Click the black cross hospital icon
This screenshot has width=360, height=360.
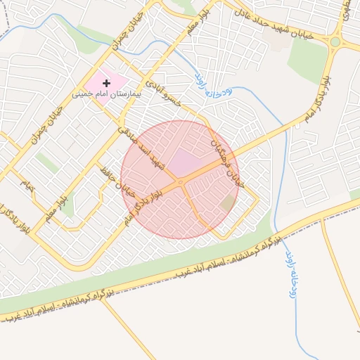107,83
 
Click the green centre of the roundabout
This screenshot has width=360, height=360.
335,41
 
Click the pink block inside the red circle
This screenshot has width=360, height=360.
184,162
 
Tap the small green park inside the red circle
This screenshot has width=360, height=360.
227,203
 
